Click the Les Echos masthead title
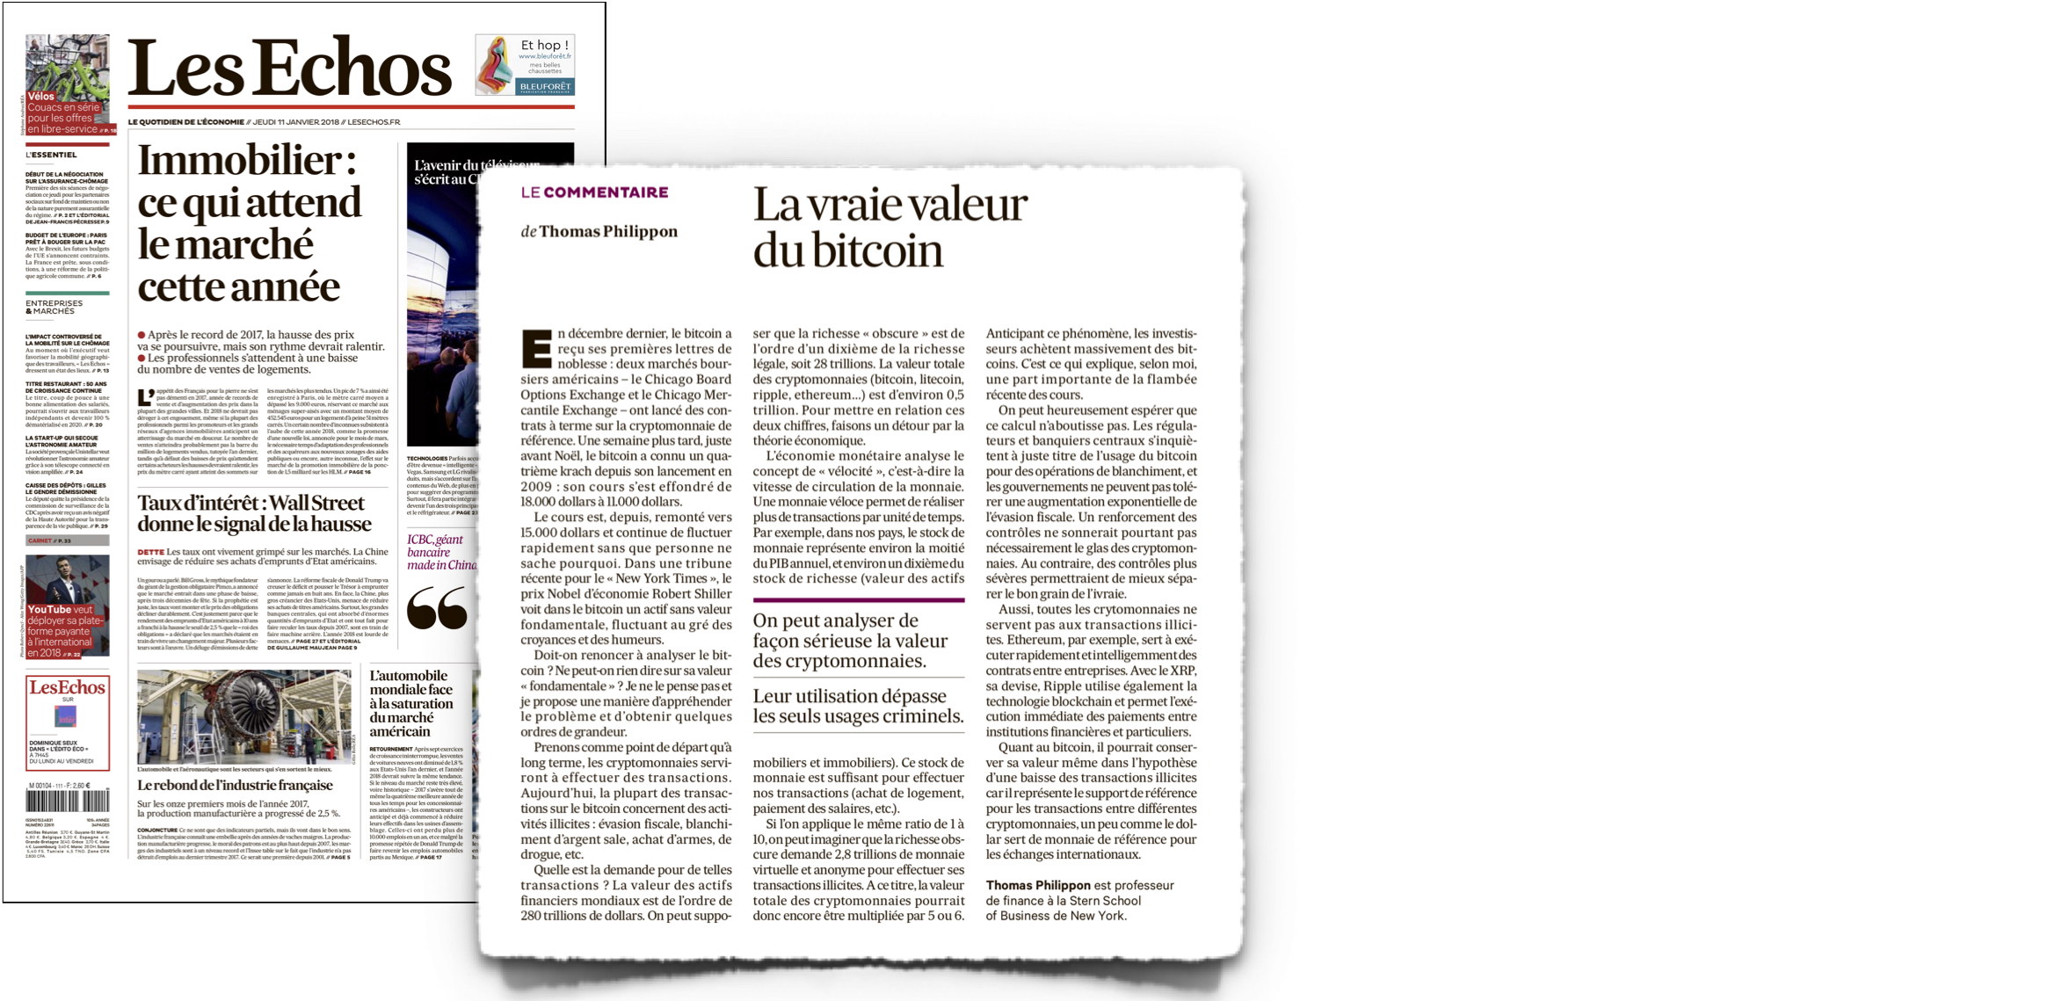290,68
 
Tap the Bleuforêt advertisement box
525,64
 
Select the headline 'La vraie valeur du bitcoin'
890,228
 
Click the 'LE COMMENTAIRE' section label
594,192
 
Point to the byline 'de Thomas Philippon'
599,232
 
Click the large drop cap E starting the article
535,349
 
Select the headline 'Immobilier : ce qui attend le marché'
250,223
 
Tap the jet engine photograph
243,716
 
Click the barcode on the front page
67,801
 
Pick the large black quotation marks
437,608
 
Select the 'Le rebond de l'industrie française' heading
235,786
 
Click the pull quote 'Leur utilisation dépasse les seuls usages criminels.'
858,706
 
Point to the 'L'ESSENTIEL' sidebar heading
51,155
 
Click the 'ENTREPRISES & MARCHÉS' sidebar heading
54,307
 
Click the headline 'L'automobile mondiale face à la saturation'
411,703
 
